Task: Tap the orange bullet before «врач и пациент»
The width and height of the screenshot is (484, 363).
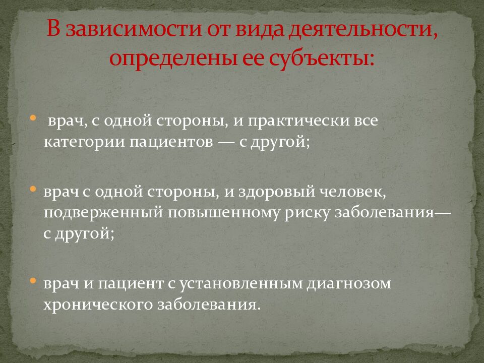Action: (33, 280)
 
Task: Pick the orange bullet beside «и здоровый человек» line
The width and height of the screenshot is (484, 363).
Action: (33, 189)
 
